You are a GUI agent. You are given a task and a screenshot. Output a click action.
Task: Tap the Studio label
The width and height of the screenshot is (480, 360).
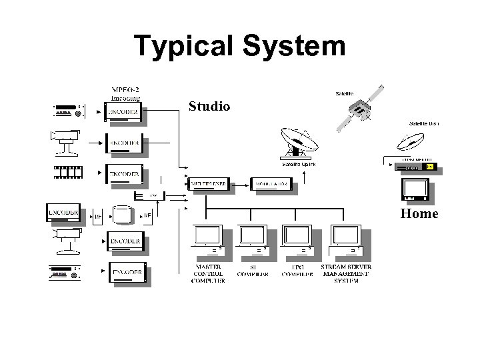(209, 106)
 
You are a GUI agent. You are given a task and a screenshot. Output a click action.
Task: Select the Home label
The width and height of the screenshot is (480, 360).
(419, 214)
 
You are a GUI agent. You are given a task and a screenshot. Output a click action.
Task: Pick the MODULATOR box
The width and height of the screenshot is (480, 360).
(271, 183)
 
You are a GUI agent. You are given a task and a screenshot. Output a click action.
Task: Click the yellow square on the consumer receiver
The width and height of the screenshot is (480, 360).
(429, 166)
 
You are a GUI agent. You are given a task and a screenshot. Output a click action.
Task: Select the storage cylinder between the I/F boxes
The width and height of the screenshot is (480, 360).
(123, 215)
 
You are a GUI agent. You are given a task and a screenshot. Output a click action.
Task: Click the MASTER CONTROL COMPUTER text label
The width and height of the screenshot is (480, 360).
(209, 273)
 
